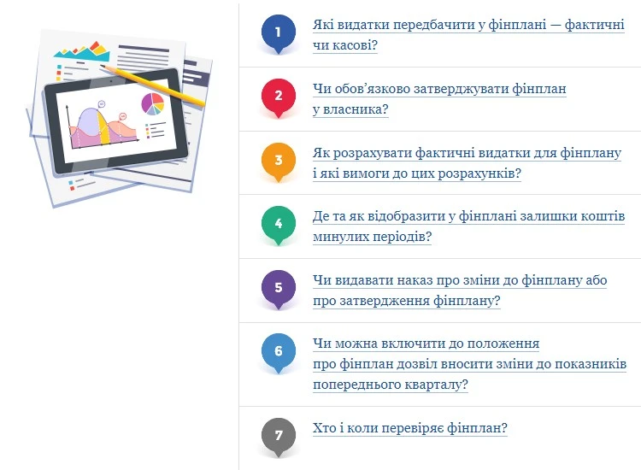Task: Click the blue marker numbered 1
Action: [278, 32]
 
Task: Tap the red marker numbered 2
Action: [278, 96]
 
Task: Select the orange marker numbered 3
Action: [278, 160]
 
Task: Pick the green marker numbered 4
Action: [278, 224]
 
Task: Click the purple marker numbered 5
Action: [278, 287]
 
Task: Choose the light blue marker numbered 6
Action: [278, 351]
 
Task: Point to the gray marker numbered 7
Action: [278, 435]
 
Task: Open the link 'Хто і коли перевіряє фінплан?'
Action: [410, 428]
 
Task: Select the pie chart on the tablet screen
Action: [153, 103]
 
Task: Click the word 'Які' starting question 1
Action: [324, 25]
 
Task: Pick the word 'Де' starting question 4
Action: [322, 217]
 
